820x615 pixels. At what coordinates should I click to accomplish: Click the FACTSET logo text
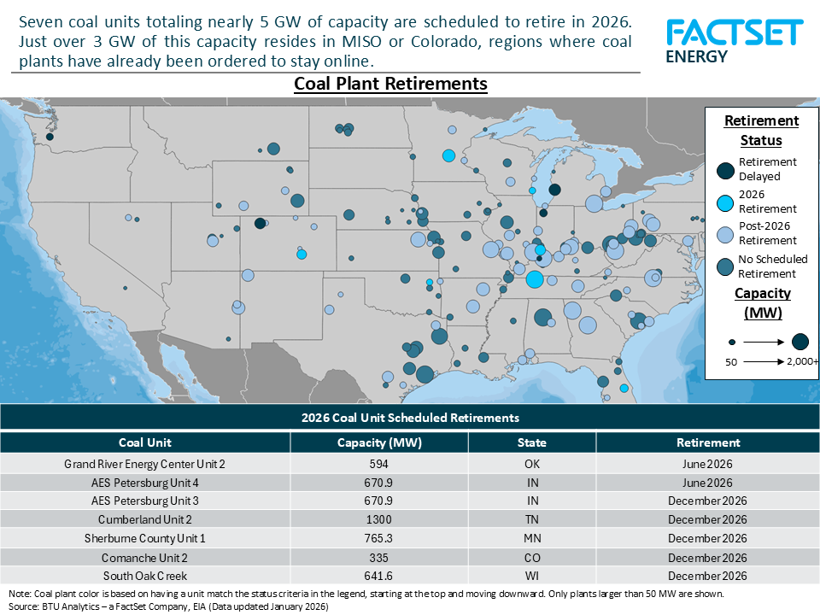[x=735, y=32]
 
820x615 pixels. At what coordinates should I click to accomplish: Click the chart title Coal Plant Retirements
[x=390, y=84]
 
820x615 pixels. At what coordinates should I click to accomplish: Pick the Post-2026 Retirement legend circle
[x=724, y=234]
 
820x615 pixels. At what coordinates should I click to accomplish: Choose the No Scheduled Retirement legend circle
[x=724, y=266]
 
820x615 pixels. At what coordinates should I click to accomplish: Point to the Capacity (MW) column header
[x=379, y=442]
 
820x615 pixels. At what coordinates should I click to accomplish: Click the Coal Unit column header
[x=144, y=442]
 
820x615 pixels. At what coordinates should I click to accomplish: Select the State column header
[x=531, y=442]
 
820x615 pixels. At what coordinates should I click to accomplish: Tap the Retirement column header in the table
[x=707, y=442]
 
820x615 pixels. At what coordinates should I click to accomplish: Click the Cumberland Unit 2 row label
[x=144, y=519]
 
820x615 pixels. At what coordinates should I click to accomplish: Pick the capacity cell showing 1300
[x=379, y=519]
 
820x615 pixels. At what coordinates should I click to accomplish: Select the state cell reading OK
[x=531, y=464]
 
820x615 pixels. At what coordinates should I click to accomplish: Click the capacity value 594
[x=379, y=464]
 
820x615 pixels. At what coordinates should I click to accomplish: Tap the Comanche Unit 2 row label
[x=144, y=557]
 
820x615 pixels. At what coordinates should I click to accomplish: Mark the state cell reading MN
[x=531, y=538]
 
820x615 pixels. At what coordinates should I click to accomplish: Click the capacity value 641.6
[x=379, y=576]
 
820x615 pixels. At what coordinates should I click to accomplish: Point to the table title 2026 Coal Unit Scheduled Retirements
[x=410, y=418]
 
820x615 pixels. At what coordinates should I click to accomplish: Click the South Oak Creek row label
[x=144, y=576]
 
